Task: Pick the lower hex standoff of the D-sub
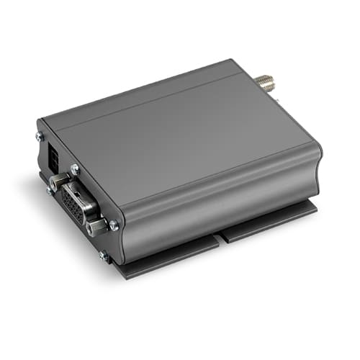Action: point(94,229)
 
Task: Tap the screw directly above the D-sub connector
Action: point(74,169)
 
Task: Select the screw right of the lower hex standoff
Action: point(113,225)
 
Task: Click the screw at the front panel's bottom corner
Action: point(104,255)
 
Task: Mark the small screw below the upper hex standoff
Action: point(49,190)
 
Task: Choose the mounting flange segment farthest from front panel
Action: point(270,220)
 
